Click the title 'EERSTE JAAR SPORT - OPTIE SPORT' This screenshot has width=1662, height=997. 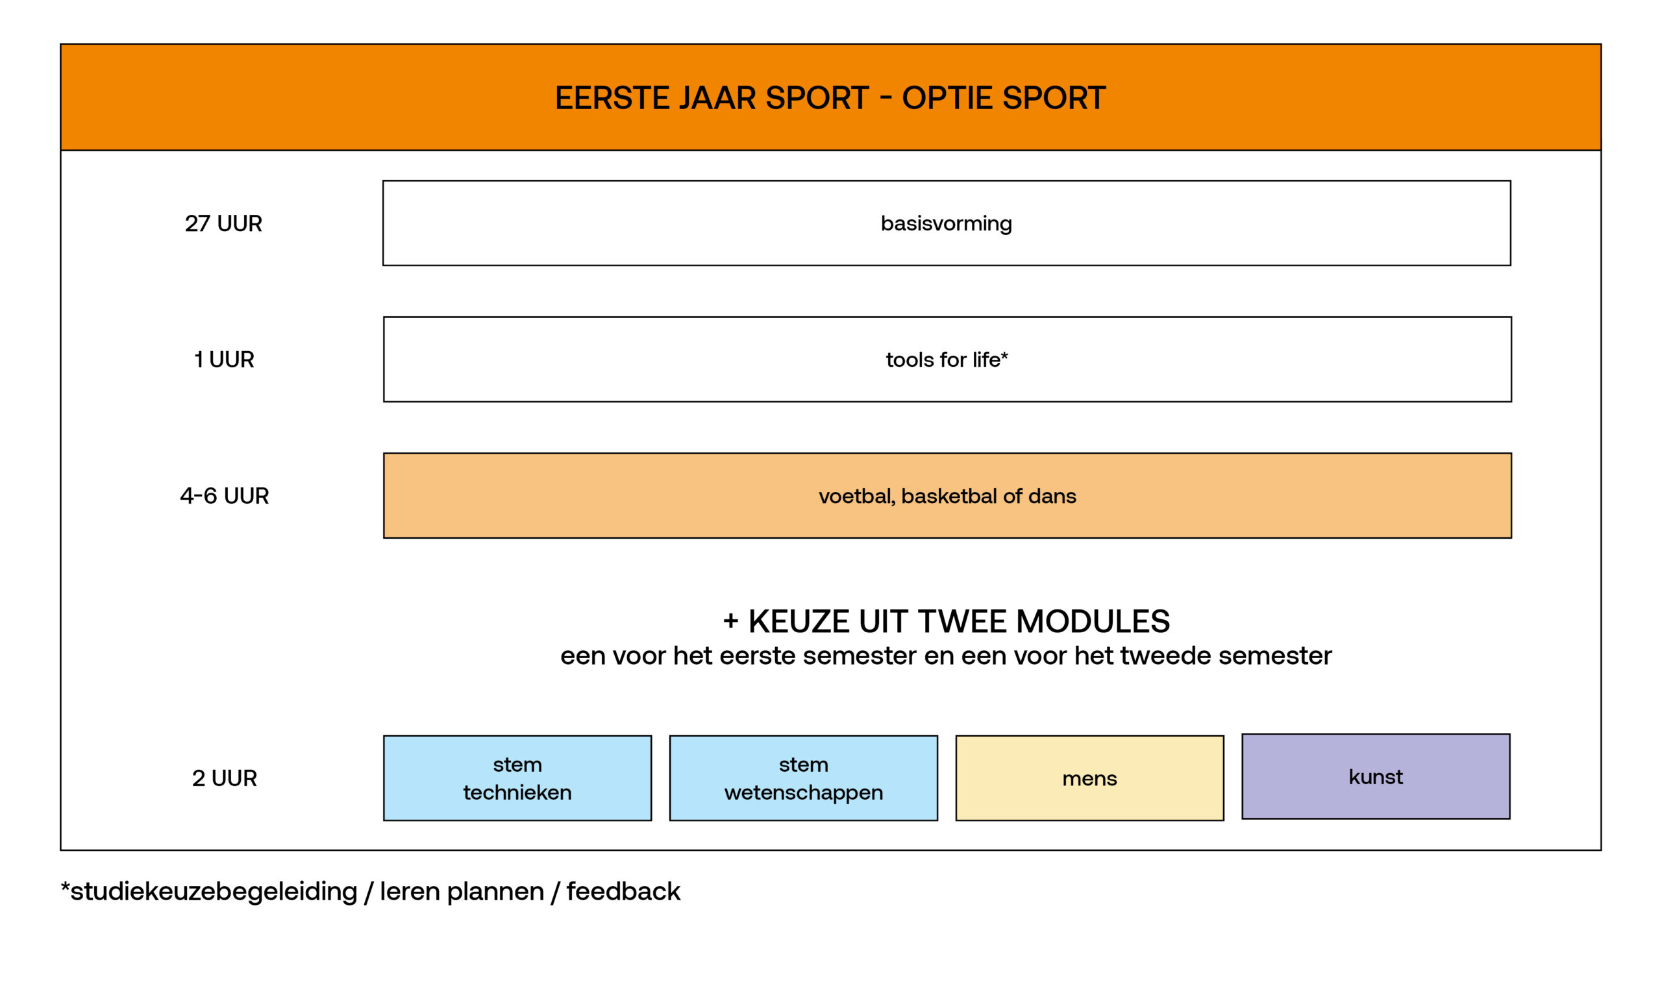(830, 98)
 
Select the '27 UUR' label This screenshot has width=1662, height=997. (224, 223)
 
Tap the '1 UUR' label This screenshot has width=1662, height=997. (225, 360)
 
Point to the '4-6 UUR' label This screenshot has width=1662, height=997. (225, 496)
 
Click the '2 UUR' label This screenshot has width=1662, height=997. (225, 778)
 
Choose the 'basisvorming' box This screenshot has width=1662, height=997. (947, 223)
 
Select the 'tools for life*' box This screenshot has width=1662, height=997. (947, 360)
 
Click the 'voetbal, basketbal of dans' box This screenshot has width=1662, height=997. (947, 496)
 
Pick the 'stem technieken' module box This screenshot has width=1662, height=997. (517, 778)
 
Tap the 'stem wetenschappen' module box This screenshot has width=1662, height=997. (804, 778)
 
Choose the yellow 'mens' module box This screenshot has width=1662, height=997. (1089, 778)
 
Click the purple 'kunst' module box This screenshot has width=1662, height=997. (1376, 777)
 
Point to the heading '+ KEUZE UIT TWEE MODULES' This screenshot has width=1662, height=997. (946, 621)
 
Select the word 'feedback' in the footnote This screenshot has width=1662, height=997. (623, 891)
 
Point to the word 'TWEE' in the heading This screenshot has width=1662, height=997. (963, 621)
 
